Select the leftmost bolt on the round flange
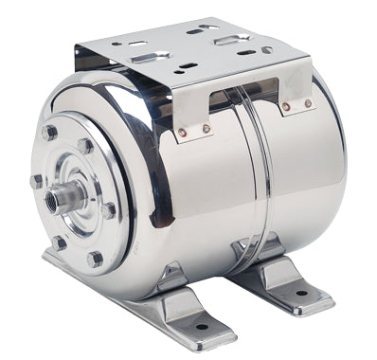[x=37, y=180]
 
